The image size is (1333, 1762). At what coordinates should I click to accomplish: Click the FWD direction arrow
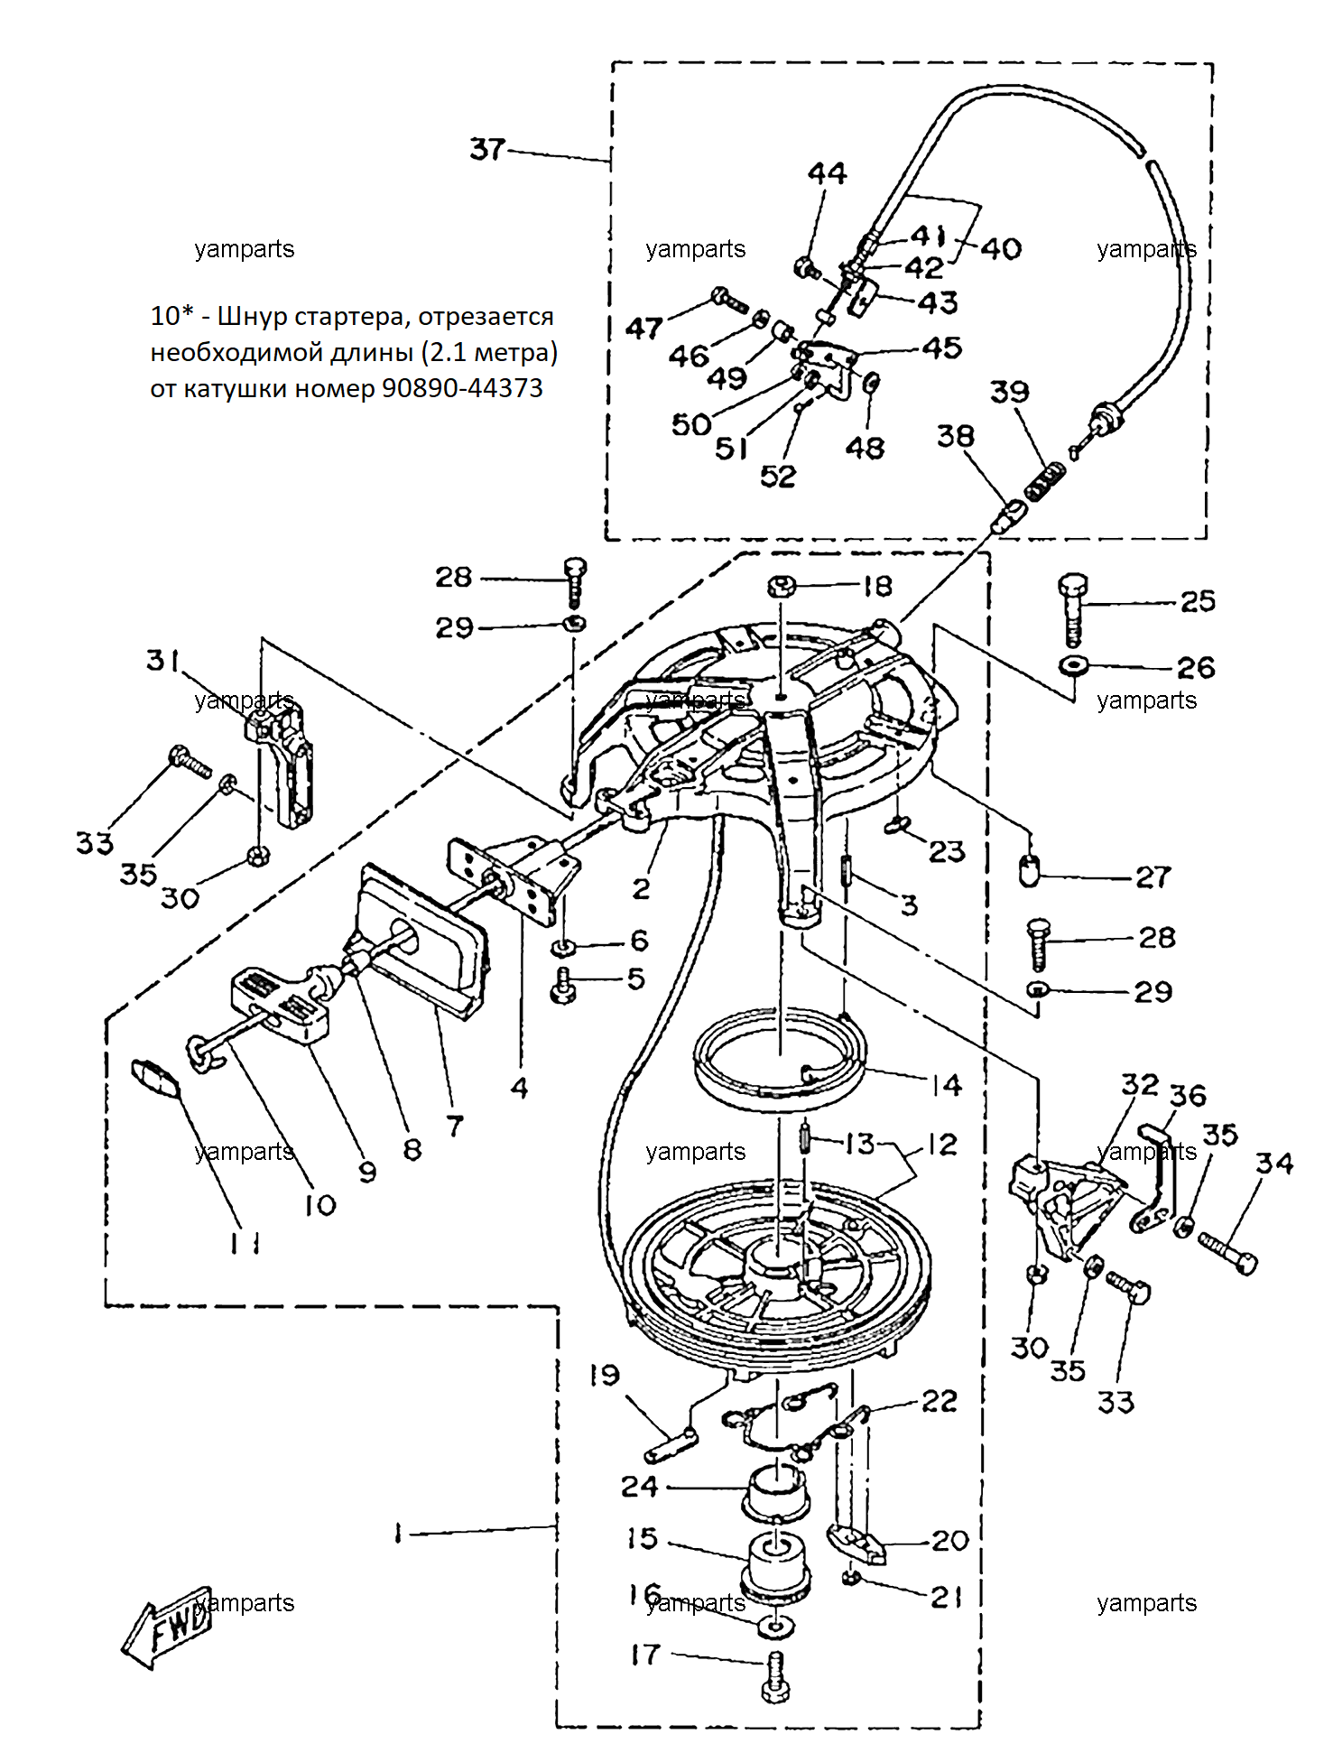click(x=167, y=1626)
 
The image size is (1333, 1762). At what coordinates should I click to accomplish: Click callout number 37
click(x=487, y=149)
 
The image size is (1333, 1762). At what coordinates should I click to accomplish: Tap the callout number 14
click(x=947, y=1084)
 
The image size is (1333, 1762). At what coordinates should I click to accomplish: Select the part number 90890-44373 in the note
click(x=462, y=388)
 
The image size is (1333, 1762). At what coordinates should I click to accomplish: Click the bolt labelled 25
click(x=1072, y=609)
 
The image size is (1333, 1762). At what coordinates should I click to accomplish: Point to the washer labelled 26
click(x=1073, y=666)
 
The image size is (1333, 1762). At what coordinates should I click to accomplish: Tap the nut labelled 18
click(x=782, y=587)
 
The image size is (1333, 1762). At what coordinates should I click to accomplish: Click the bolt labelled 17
click(x=775, y=1677)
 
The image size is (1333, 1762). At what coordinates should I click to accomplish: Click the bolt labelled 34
click(x=1227, y=1253)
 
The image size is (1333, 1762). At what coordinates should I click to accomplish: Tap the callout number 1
click(x=397, y=1533)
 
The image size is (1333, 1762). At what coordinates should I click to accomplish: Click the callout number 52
click(x=778, y=476)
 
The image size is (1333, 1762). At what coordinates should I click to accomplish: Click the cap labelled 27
click(x=1029, y=871)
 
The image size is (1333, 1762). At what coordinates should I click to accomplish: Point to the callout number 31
click(x=163, y=660)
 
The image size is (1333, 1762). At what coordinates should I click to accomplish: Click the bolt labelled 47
click(x=730, y=299)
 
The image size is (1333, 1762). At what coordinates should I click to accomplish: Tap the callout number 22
click(x=940, y=1401)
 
